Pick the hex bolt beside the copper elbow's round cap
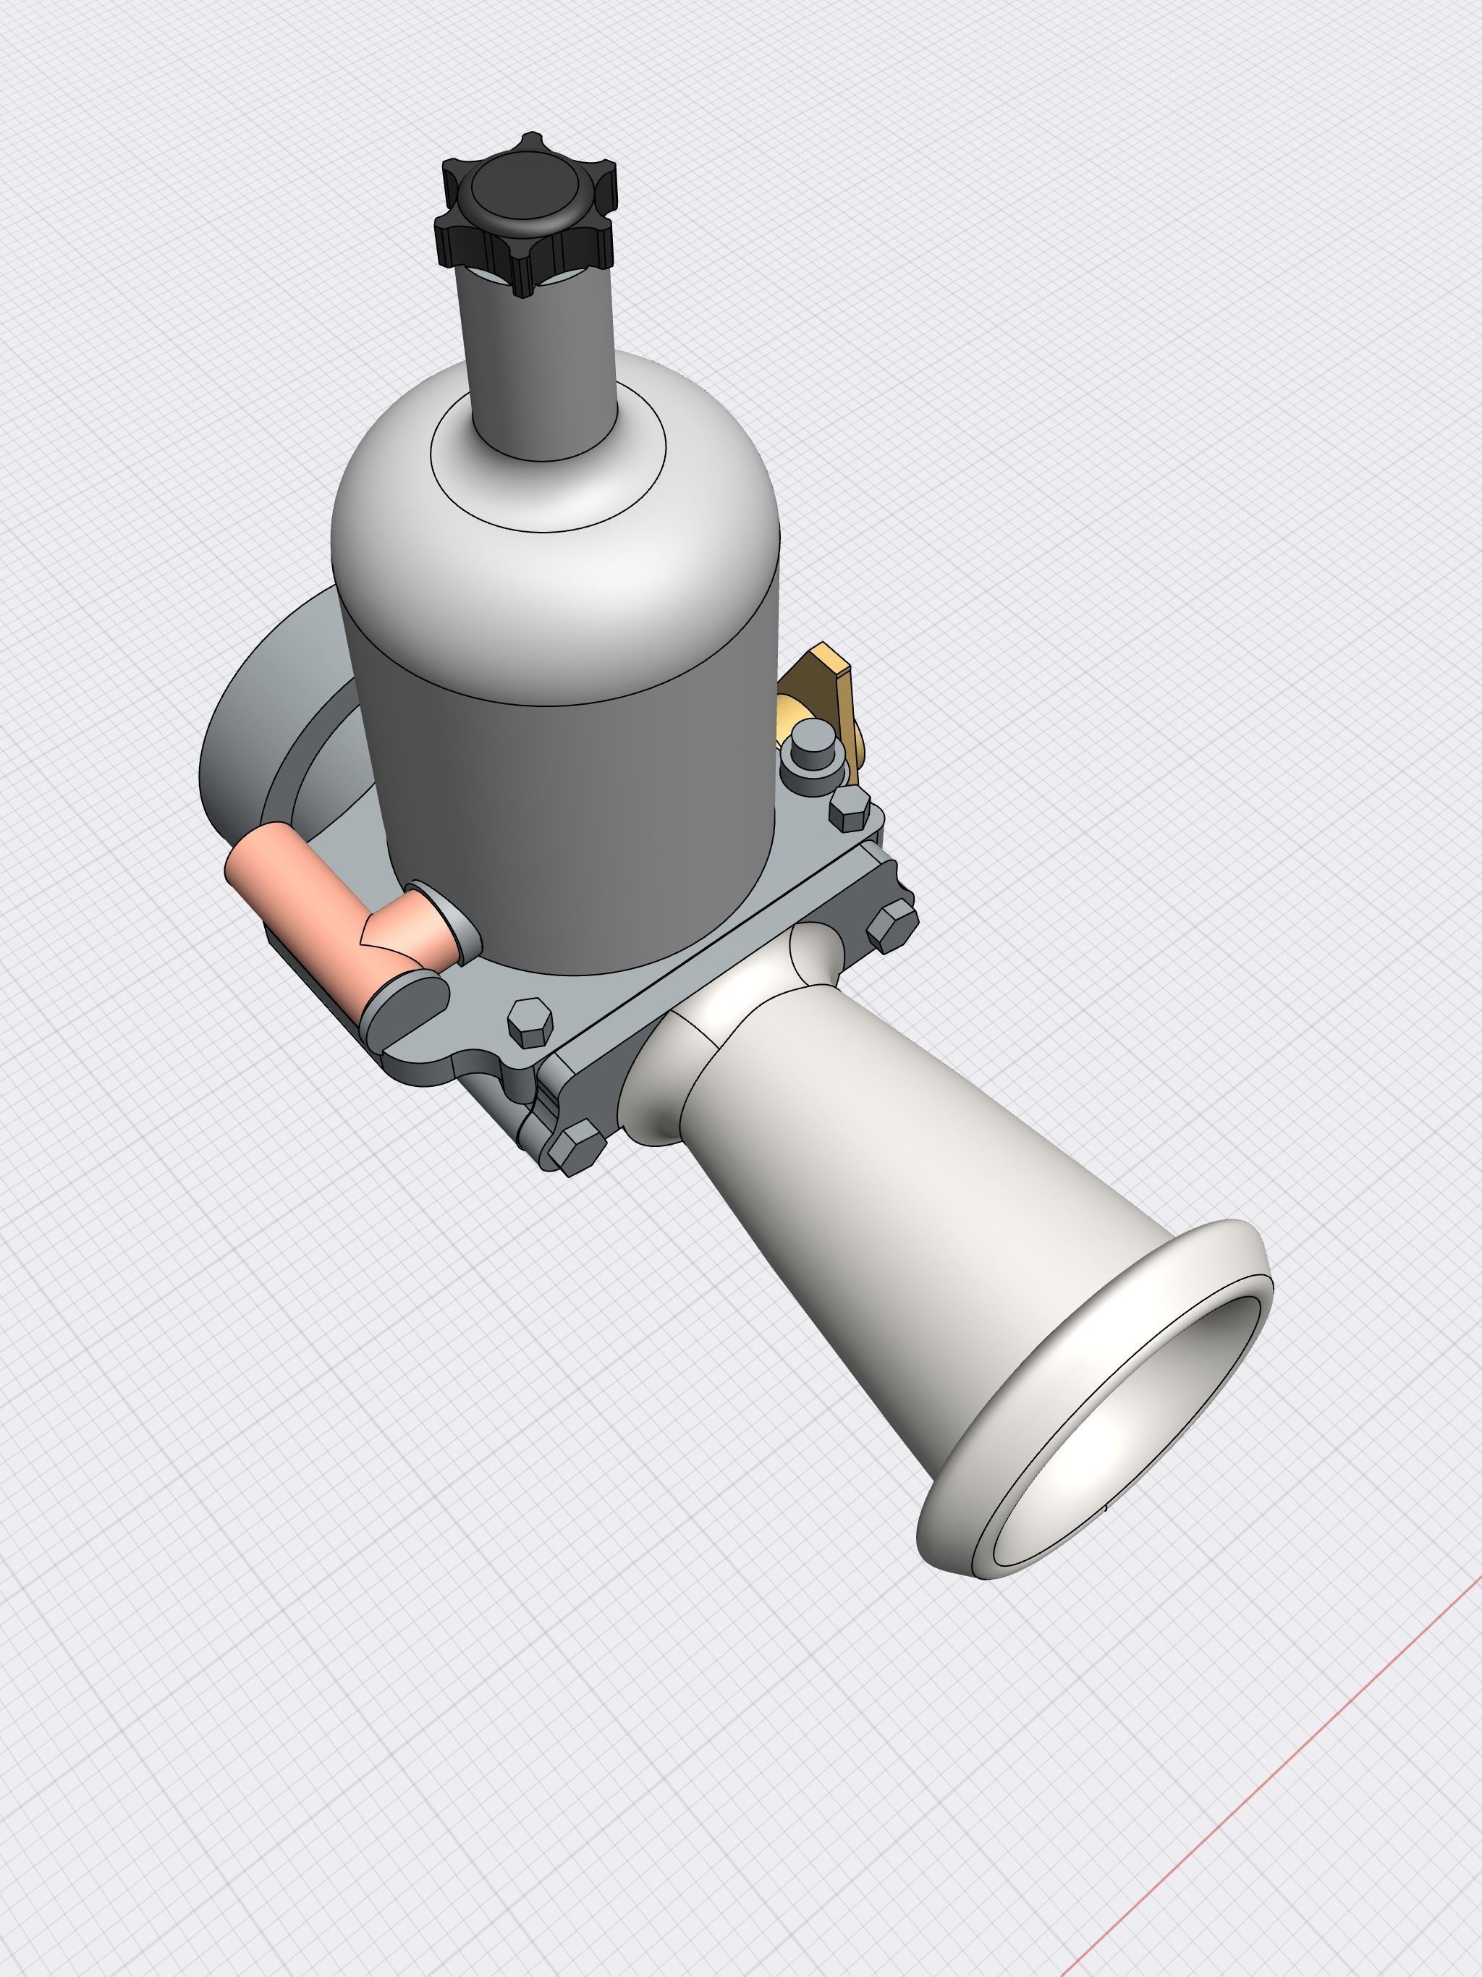[x=530, y=1023]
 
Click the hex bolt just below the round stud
[x=849, y=809]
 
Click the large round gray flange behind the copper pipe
[x=242, y=733]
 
